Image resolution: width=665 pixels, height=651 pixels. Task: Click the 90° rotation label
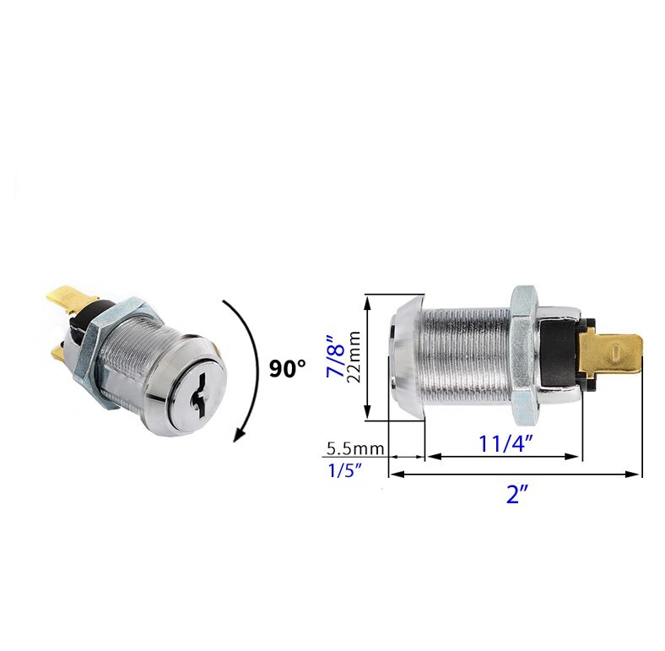(x=288, y=368)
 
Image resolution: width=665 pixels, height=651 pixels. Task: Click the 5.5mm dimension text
(x=354, y=448)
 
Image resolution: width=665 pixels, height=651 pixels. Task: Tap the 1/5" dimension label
(x=345, y=470)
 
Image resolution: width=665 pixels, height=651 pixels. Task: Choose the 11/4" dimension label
(x=503, y=442)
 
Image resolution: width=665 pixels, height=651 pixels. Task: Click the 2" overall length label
(x=516, y=495)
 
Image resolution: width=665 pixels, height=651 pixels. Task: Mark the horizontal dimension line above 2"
(x=515, y=475)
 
